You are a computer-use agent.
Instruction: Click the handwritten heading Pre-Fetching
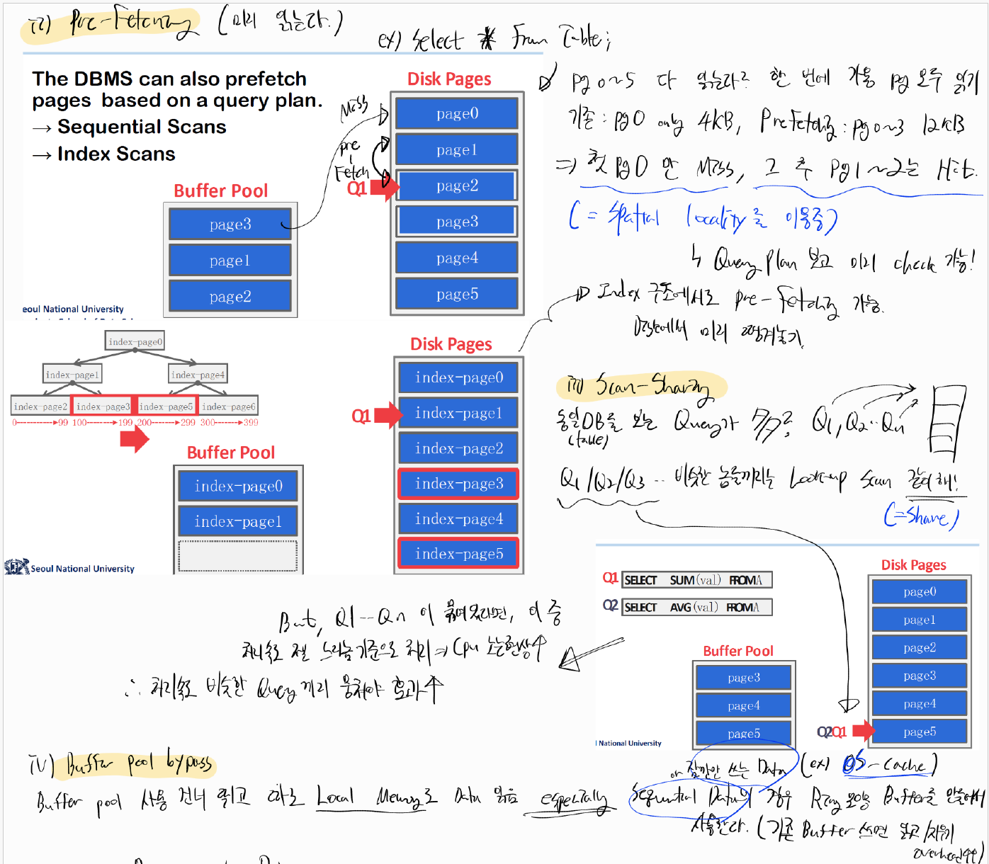click(x=131, y=24)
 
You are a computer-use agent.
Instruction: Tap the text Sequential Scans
click(x=142, y=127)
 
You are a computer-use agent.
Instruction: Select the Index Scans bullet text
click(x=116, y=154)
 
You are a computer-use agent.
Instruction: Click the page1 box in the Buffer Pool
click(x=230, y=261)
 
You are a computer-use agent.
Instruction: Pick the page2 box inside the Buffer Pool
click(x=230, y=297)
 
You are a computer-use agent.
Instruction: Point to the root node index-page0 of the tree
click(x=135, y=341)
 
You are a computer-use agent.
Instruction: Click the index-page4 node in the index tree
click(x=198, y=375)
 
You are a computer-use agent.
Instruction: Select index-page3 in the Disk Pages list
click(x=458, y=484)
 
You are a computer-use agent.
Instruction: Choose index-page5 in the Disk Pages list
click(x=458, y=554)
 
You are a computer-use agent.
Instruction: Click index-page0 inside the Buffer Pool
click(x=238, y=487)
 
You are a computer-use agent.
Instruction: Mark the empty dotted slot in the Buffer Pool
click(x=238, y=556)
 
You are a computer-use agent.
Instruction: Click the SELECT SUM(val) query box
click(x=697, y=580)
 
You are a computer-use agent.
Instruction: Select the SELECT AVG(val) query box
click(x=697, y=607)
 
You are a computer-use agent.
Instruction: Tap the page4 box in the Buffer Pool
click(x=743, y=705)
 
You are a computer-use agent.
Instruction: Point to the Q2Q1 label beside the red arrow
click(x=832, y=732)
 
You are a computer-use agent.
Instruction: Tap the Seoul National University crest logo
click(x=16, y=567)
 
